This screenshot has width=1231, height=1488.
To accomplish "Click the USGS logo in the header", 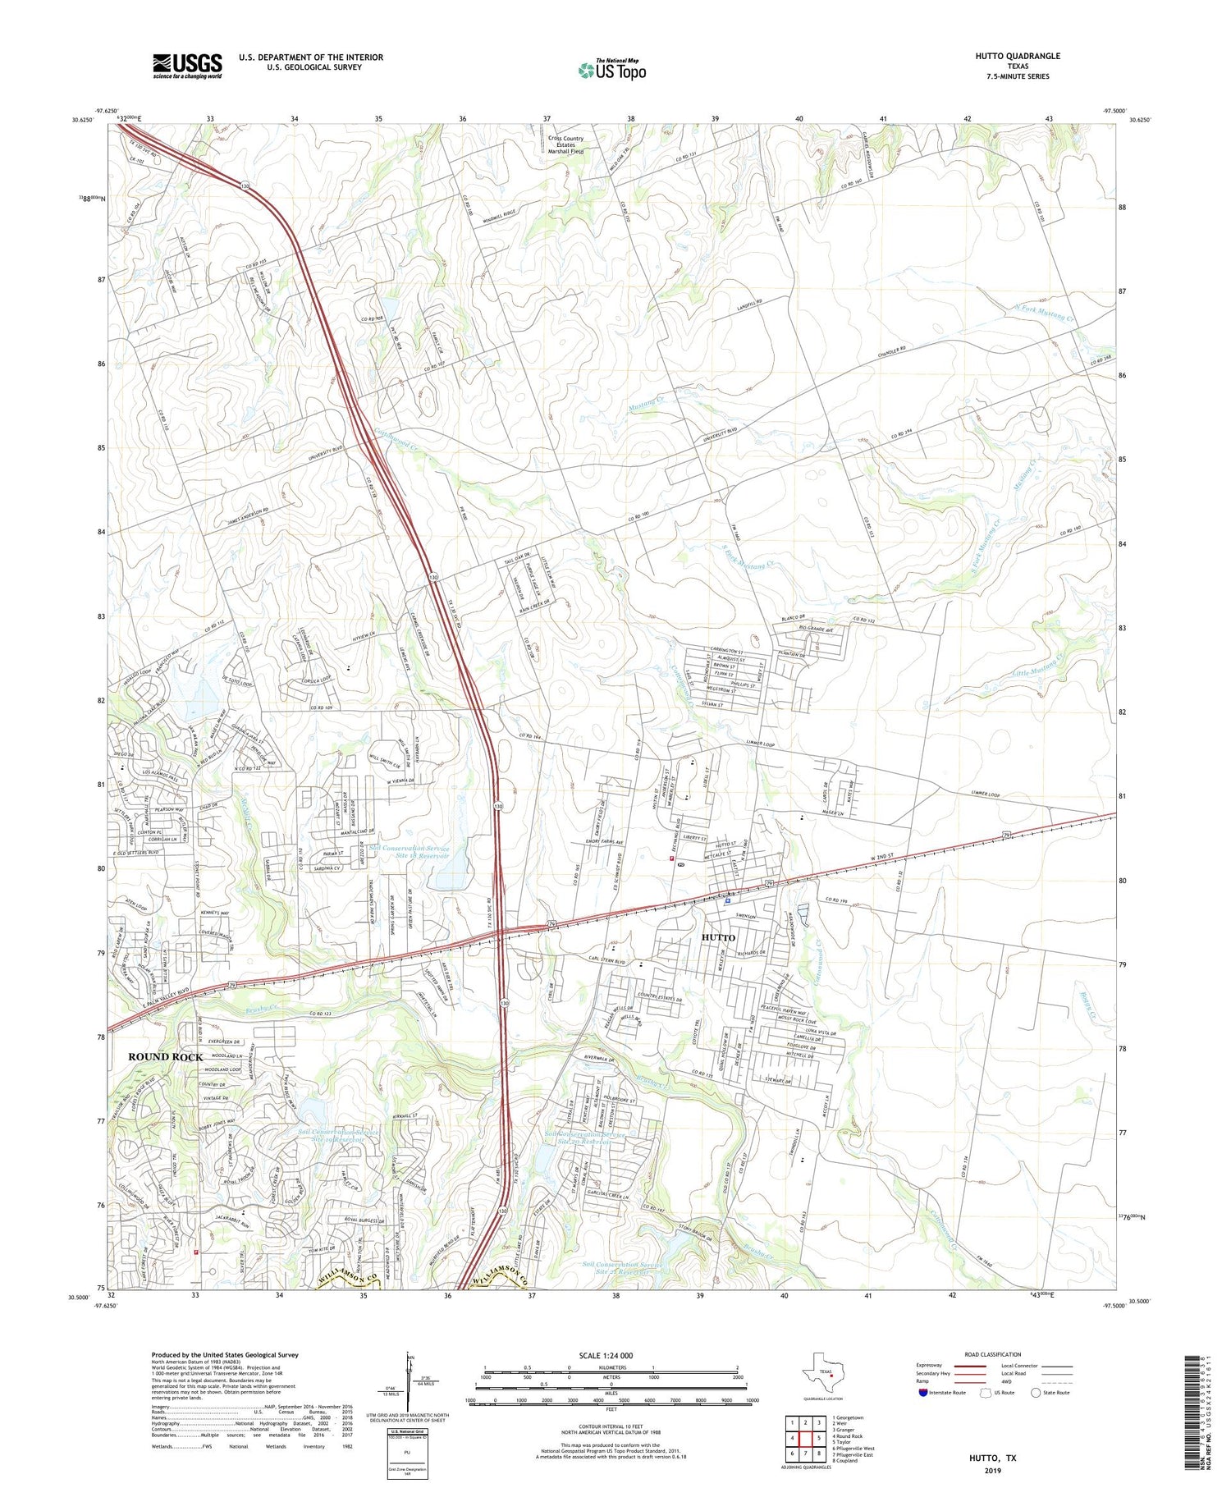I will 187,66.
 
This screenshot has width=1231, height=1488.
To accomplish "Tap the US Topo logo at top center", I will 612,70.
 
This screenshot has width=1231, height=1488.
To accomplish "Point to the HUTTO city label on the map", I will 718,937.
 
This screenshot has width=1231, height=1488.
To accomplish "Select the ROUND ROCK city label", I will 165,1057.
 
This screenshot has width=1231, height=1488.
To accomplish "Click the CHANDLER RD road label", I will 894,353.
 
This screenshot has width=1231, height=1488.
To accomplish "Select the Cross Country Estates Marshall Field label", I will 566,145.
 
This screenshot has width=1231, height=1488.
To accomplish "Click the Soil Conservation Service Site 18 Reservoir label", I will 409,852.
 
